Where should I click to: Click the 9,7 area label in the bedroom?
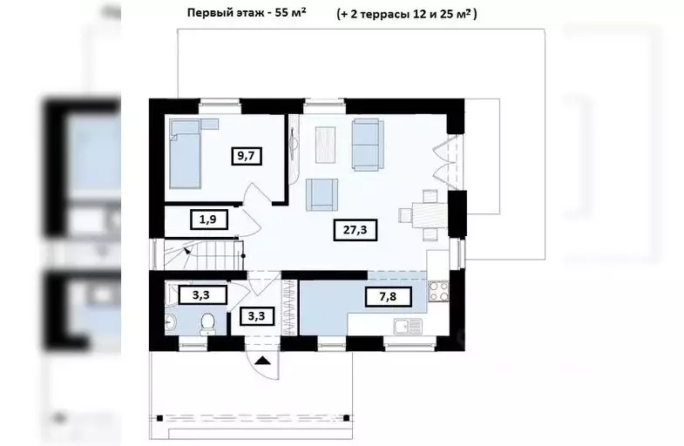(247, 157)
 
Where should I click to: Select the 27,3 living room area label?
(353, 230)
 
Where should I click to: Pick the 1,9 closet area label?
(208, 220)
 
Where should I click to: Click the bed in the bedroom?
(186, 153)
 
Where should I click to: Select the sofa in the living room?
(366, 135)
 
